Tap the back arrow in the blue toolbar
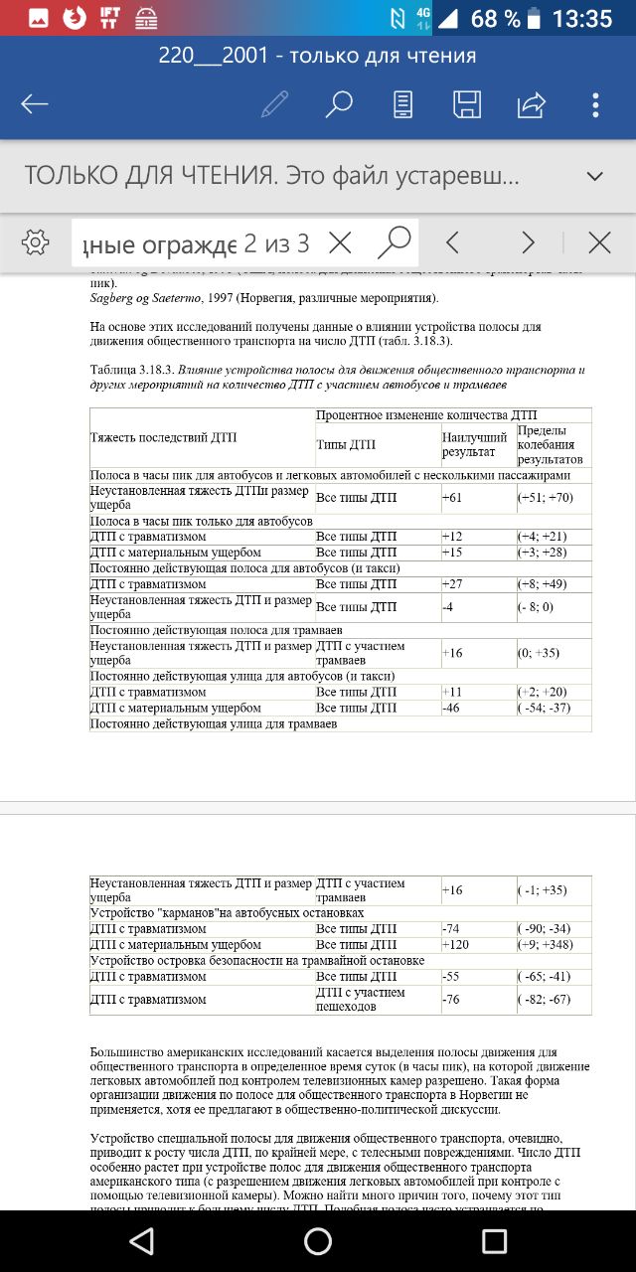35,104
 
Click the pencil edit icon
275,104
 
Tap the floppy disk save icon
467,104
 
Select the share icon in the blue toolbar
532,104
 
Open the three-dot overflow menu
595,104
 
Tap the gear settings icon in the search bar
35,241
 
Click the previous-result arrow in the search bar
452,241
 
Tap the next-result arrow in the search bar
528,241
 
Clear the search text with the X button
340,241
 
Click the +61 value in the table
453,497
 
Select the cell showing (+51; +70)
545,497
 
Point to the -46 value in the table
452,708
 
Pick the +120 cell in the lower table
455,944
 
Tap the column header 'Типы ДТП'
346,444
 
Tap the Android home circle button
318,1241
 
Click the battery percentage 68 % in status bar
495,19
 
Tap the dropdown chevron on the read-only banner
595,176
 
